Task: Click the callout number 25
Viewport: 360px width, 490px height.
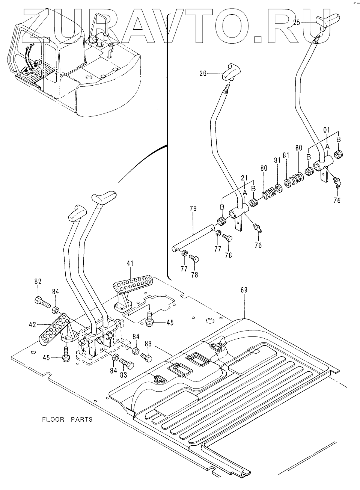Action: click(x=297, y=23)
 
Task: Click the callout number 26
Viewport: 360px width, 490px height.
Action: click(x=203, y=74)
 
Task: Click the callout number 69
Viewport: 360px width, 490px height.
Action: click(x=244, y=290)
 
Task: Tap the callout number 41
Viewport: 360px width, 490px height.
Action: click(x=130, y=264)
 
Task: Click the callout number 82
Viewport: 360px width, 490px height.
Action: click(x=38, y=282)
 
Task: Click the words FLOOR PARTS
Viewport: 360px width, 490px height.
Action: click(x=67, y=419)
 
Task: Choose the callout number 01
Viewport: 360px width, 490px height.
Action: click(x=327, y=130)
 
